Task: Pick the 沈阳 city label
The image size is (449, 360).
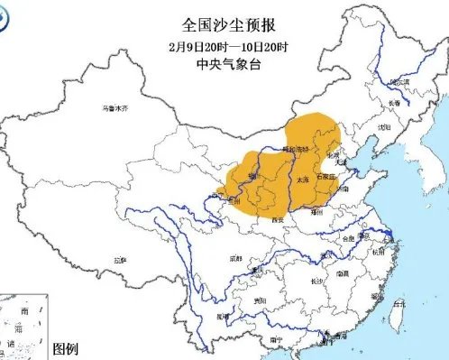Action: tap(385, 127)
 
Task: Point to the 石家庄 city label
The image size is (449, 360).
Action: tap(325, 178)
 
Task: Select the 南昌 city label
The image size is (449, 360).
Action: tap(343, 272)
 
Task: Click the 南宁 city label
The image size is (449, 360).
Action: tap(262, 339)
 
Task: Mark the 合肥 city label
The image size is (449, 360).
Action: tap(348, 239)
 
